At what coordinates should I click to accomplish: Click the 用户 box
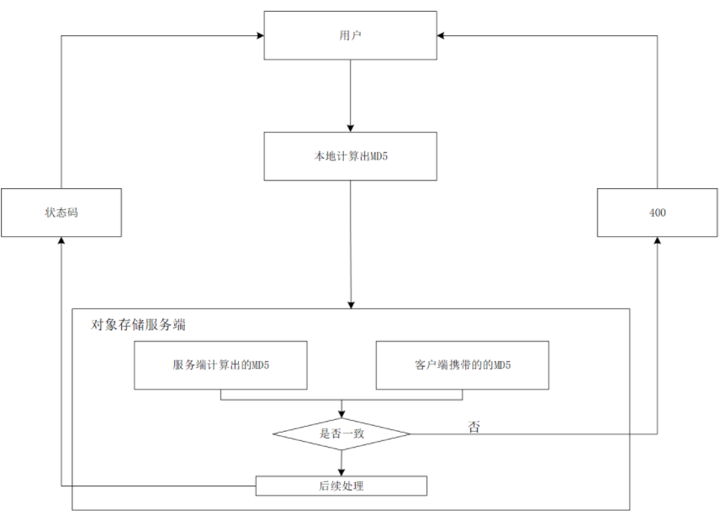(350, 35)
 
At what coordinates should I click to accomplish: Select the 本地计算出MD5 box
(350, 156)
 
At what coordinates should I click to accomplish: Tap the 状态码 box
(61, 213)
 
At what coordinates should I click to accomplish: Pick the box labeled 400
(657, 213)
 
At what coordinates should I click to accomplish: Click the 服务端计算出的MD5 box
(220, 365)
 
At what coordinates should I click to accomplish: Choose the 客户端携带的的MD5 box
(462, 365)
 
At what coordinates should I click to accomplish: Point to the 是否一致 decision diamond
(341, 434)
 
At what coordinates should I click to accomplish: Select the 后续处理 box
(341, 486)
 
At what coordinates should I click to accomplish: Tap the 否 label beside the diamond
(474, 427)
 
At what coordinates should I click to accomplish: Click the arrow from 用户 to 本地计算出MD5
(350, 96)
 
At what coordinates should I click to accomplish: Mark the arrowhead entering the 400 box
(657, 241)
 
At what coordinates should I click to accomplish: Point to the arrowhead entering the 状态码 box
(61, 241)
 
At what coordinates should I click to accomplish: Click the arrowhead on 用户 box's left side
(259, 35)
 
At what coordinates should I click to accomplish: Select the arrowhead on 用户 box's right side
(442, 35)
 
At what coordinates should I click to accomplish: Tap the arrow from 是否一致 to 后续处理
(341, 463)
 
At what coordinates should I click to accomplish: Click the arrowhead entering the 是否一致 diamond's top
(341, 413)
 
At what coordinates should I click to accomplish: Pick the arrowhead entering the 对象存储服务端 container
(350, 303)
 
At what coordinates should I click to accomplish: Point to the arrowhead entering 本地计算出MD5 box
(350, 127)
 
